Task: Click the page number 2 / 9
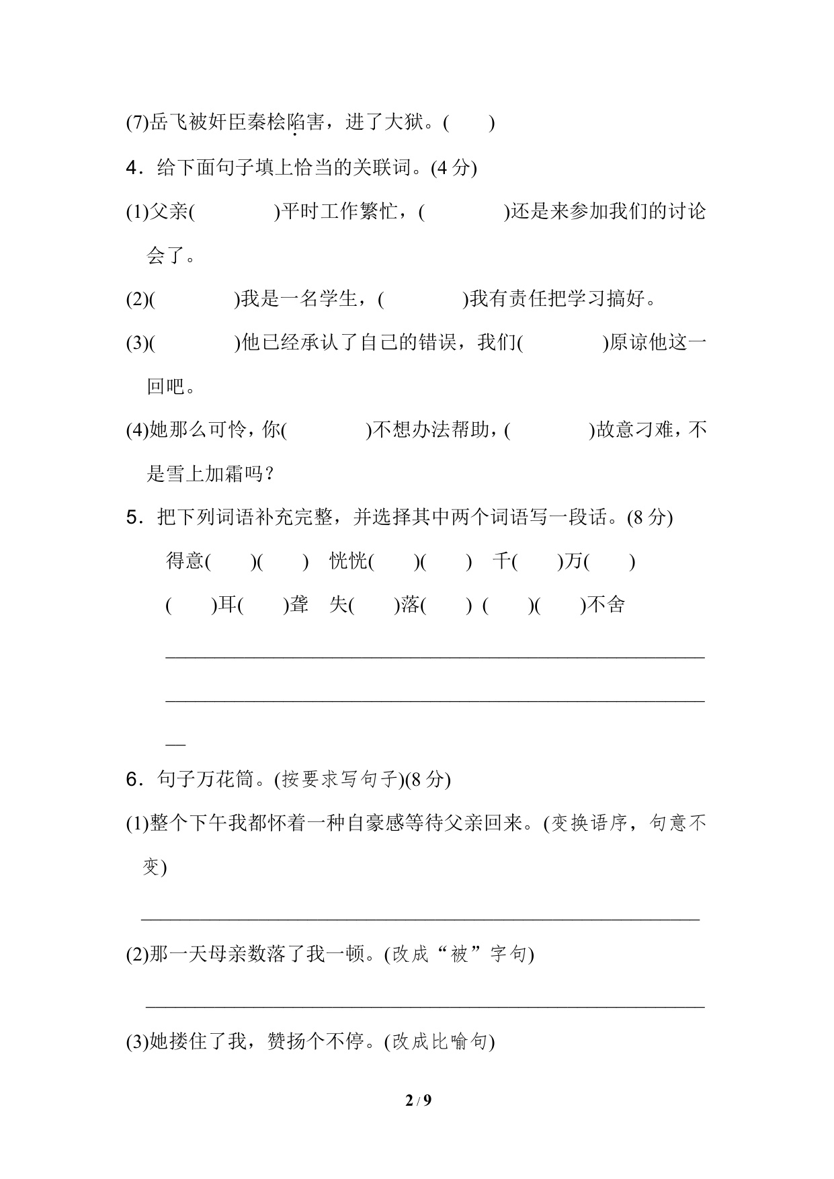(417, 1100)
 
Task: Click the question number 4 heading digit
(132, 168)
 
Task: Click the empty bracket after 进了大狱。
(469, 123)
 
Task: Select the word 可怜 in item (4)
(228, 430)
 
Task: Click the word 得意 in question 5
(185, 561)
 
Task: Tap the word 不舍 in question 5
(606, 605)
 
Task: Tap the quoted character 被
(459, 954)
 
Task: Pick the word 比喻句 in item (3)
(459, 1042)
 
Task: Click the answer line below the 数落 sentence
(425, 1006)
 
